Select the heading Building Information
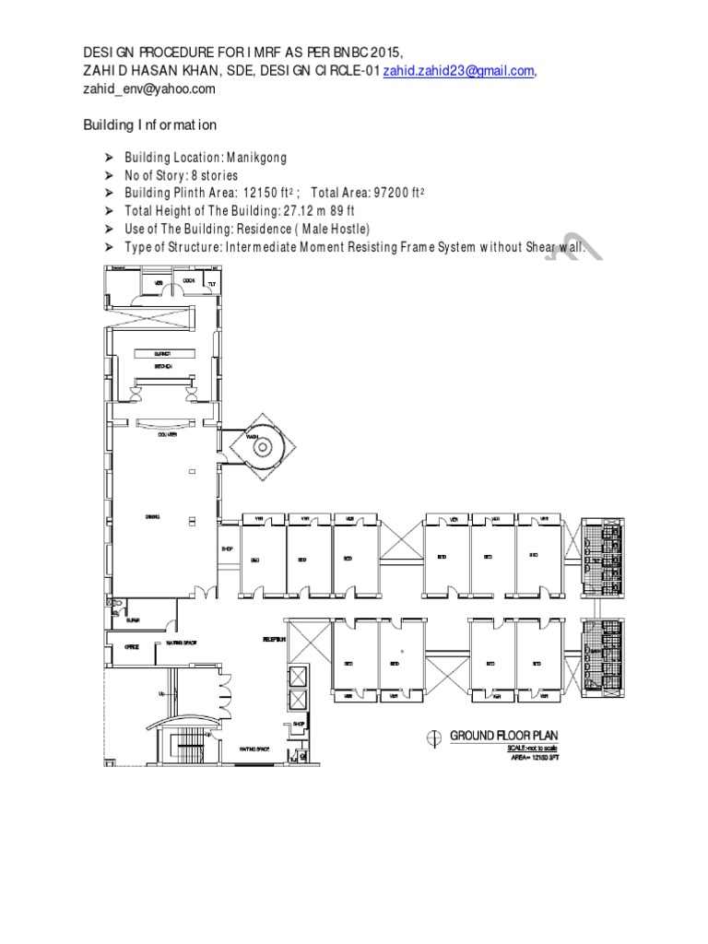pyautogui.click(x=150, y=124)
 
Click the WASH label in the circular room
pyautogui.click(x=252, y=436)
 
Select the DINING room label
pyautogui.click(x=153, y=517)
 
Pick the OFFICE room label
pyautogui.click(x=132, y=647)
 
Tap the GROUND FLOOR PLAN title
pyautogui.click(x=503, y=735)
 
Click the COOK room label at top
pyautogui.click(x=189, y=280)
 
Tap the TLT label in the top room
pyautogui.click(x=211, y=283)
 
